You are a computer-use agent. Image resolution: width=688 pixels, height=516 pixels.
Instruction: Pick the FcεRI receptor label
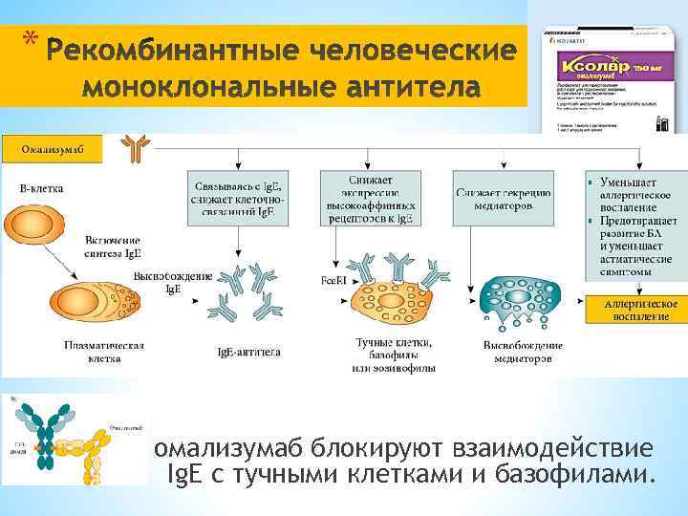(333, 281)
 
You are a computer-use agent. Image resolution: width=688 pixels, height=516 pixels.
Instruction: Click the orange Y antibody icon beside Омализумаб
(135, 147)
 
